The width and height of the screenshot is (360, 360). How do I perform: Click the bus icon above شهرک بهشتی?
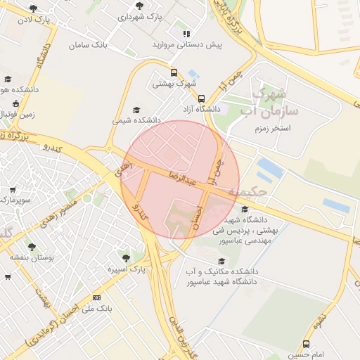point(174,72)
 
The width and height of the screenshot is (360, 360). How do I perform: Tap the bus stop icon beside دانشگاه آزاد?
point(201,99)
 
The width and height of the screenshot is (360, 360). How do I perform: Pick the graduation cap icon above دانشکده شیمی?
point(136,110)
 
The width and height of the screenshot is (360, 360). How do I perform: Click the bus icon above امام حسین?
point(306,344)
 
